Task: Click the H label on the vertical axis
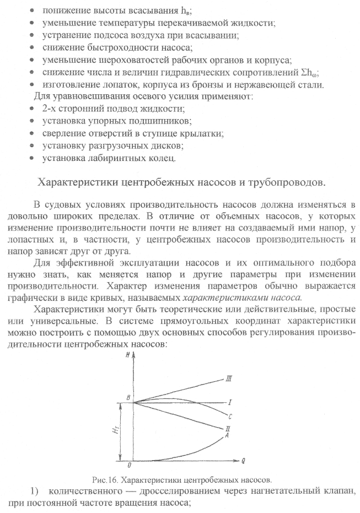pyautogui.click(x=128, y=357)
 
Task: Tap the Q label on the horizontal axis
pyautogui.click(x=243, y=459)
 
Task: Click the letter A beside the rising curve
pyautogui.click(x=227, y=435)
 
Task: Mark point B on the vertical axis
pyautogui.click(x=128, y=398)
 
